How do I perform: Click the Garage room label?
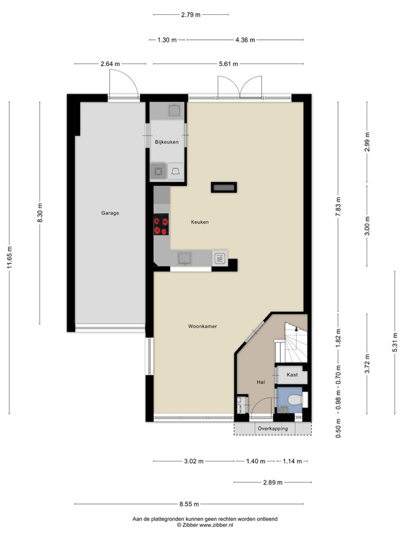click(x=110, y=213)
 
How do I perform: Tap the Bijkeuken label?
click(x=166, y=142)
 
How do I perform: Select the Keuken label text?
click(x=200, y=222)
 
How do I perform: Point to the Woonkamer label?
click(x=203, y=326)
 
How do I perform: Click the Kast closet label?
click(x=292, y=375)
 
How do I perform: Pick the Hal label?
click(x=261, y=382)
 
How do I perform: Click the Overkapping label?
click(x=273, y=429)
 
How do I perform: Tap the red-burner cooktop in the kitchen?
click(x=161, y=224)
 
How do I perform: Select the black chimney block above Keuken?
click(x=224, y=187)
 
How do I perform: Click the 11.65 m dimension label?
click(x=9, y=257)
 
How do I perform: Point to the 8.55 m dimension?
click(x=189, y=504)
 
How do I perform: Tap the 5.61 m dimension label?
click(x=228, y=64)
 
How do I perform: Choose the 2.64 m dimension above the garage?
click(x=110, y=64)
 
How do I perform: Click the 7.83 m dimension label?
click(x=338, y=207)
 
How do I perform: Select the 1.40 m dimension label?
click(x=256, y=462)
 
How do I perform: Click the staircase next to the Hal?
click(x=291, y=342)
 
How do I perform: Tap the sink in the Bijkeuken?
click(x=175, y=110)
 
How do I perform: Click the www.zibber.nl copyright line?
click(x=205, y=525)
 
